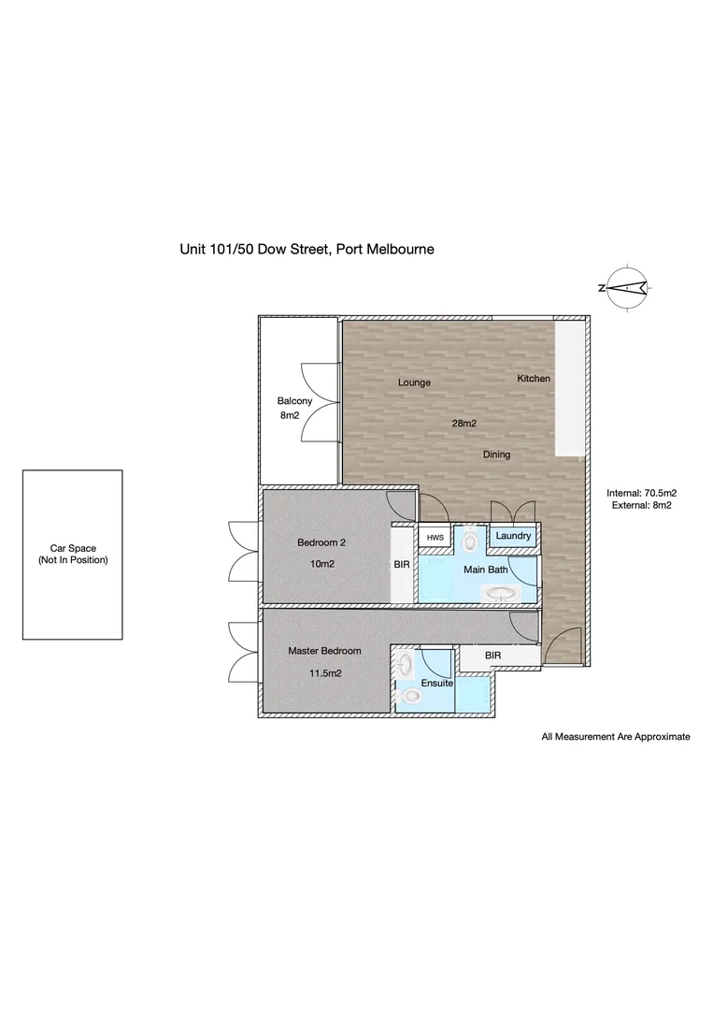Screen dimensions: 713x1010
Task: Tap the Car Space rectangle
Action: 73,555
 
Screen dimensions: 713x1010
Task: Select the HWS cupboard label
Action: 435,538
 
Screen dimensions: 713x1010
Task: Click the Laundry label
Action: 513,536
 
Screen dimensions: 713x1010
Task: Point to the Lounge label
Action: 414,382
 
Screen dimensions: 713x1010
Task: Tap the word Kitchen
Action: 534,379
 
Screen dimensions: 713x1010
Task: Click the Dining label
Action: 496,454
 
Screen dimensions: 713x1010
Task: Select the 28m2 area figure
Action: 463,424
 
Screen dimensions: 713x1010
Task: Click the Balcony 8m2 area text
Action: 290,415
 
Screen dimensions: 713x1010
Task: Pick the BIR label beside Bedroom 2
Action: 402,564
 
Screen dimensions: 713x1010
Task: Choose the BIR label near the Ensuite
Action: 492,655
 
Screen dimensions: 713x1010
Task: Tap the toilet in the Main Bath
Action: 470,540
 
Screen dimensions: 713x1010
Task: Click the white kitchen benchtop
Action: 569,388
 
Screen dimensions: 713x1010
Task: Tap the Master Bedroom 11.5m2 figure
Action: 325,673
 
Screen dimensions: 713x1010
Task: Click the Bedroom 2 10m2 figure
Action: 321,564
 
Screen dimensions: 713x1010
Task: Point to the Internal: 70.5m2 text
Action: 642,494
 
